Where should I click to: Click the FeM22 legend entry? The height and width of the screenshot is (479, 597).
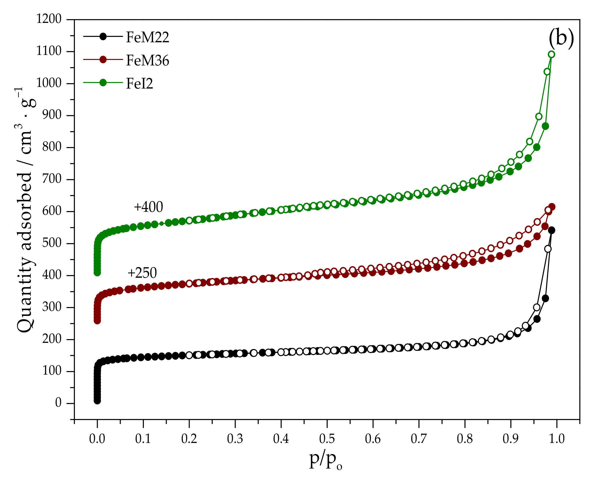coord(147,37)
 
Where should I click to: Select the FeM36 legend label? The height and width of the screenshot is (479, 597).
coord(147,60)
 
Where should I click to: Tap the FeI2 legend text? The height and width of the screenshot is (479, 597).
coord(139,83)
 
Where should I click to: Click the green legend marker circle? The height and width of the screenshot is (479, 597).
coord(103,82)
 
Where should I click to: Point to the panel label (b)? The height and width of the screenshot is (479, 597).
coord(561,38)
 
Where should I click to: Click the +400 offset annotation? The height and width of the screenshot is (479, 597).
coord(148,207)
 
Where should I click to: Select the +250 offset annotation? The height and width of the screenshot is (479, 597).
coord(142,273)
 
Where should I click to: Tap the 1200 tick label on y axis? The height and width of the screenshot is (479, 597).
coord(49,19)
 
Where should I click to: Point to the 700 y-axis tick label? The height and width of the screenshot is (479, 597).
coord(51,179)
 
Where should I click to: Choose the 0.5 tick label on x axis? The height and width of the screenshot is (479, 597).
coord(327,439)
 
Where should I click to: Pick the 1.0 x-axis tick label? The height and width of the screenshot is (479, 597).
coord(557,439)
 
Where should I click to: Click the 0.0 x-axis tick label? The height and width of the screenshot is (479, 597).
coord(97,439)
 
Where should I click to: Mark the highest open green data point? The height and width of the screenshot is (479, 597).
coord(551,54)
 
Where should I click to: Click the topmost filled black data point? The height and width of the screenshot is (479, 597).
coord(551,230)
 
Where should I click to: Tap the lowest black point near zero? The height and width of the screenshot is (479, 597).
coord(97,401)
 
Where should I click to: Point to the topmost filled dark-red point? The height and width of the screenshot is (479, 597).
coord(551,207)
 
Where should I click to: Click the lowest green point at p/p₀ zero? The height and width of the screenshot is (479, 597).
coord(97,273)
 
